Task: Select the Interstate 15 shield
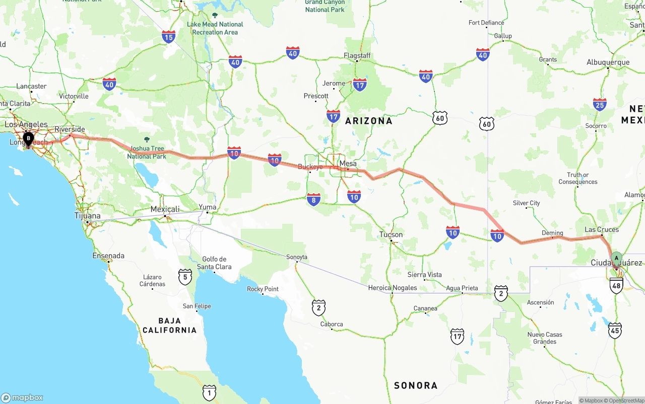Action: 169,37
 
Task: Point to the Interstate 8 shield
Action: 313,200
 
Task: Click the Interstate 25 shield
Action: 600,104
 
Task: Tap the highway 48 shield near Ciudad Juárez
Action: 616,285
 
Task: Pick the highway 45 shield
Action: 615,331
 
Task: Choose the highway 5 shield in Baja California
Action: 185,277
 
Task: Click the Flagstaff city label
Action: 357,55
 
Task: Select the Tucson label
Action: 391,234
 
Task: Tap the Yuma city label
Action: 207,207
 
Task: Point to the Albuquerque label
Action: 608,62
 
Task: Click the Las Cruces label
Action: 602,229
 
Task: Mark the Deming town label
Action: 552,233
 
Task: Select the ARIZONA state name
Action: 368,121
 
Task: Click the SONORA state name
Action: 415,385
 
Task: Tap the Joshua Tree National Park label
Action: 146,152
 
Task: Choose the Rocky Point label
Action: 263,289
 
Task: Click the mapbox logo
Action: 22,397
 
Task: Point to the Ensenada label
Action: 108,256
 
